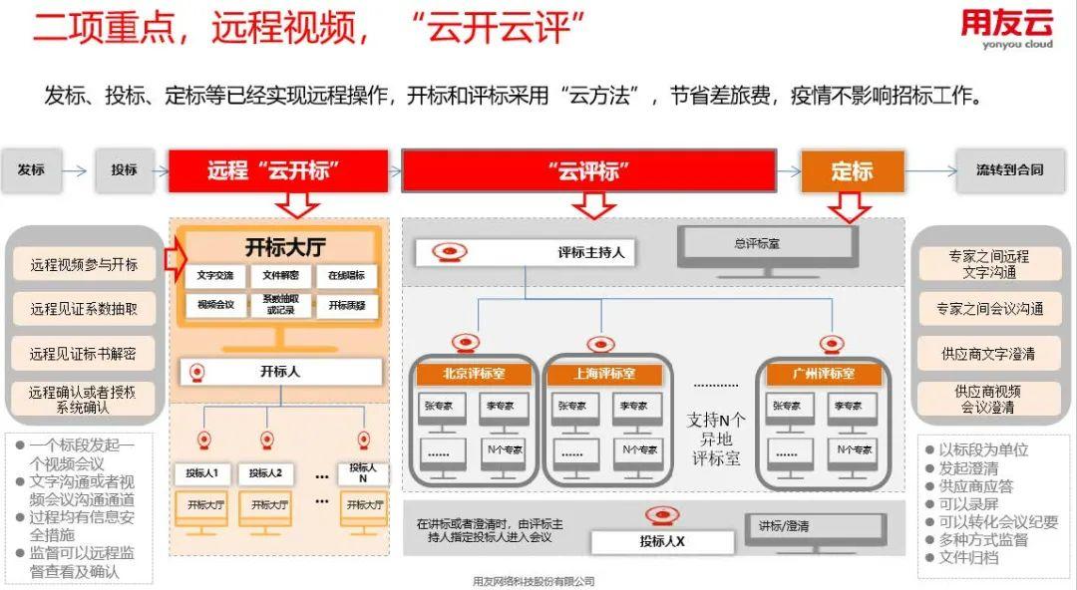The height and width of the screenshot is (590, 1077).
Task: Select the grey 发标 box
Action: (x=31, y=170)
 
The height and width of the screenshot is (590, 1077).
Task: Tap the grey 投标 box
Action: (x=124, y=170)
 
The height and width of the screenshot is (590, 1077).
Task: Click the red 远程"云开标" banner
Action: (x=277, y=170)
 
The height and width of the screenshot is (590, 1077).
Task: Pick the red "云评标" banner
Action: (x=588, y=170)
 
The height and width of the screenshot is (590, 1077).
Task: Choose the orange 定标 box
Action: (x=853, y=171)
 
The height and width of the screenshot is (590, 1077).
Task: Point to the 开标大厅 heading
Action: (x=285, y=247)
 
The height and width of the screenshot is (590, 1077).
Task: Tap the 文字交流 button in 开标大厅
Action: (x=215, y=275)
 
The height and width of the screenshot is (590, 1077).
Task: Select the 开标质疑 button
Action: (x=347, y=305)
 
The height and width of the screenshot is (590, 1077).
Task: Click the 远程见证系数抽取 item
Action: (x=84, y=309)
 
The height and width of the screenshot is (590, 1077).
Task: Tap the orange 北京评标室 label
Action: (x=474, y=374)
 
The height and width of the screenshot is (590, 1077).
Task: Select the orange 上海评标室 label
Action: (x=604, y=374)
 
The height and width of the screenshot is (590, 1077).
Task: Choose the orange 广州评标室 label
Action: (x=823, y=374)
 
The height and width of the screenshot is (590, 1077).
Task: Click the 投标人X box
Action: (x=662, y=541)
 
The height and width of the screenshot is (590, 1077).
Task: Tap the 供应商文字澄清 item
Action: (x=987, y=353)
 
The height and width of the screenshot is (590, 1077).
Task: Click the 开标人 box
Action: (x=280, y=372)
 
